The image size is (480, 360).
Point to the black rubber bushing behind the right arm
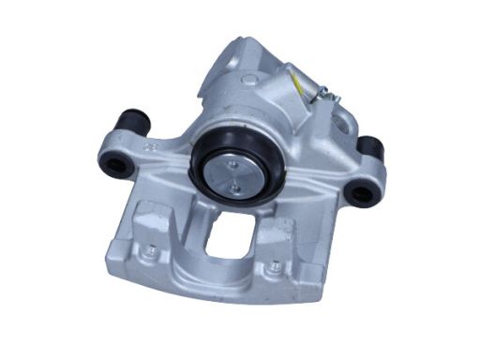tap(370, 148)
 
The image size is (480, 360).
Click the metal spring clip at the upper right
tap(323, 92)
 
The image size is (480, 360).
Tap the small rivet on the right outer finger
tap(273, 269)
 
